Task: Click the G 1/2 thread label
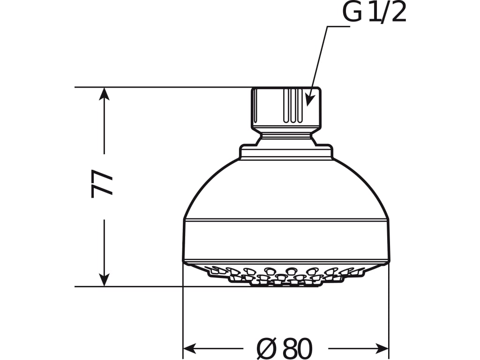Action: click(x=374, y=13)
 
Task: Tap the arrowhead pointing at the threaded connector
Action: click(x=309, y=99)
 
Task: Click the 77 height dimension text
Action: click(x=102, y=185)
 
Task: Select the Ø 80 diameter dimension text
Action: click(x=285, y=348)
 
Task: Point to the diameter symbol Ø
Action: click(x=267, y=348)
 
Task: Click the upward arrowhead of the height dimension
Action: click(x=104, y=94)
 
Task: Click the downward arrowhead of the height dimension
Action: click(x=104, y=280)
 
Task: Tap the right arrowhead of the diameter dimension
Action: click(x=382, y=348)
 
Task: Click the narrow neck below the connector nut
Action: click(x=286, y=138)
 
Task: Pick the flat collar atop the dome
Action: click(x=286, y=151)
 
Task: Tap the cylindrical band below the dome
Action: click(x=286, y=239)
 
